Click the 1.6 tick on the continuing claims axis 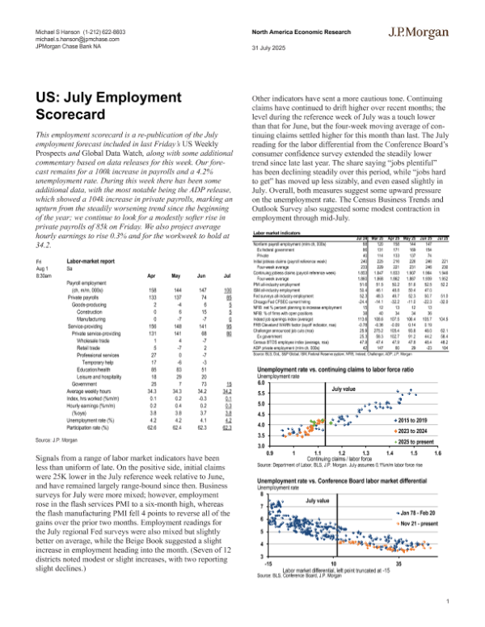437,455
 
